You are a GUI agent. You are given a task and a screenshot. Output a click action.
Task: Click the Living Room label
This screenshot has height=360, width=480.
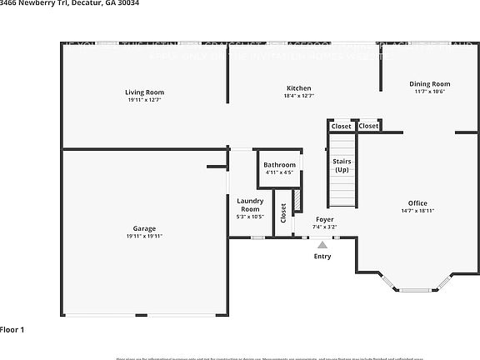point(144,92)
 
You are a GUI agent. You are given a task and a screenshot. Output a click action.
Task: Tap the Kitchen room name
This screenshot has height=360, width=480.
point(299,87)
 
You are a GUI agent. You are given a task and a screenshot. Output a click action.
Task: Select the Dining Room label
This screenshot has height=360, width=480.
point(429,83)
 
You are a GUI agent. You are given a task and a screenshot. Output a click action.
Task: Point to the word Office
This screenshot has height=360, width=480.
point(417,203)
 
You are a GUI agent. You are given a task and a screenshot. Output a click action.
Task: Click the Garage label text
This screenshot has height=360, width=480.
point(144,228)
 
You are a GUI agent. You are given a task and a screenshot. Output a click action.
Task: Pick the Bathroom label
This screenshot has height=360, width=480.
point(279,165)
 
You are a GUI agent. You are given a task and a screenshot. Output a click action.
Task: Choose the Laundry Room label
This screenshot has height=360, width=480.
point(250,205)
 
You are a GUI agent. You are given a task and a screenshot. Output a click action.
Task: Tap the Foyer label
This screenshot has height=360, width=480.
point(324,219)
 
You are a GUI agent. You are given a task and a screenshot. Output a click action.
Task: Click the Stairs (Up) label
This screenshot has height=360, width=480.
point(342,165)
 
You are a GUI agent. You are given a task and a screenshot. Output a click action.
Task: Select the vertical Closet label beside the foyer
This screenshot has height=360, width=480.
point(283,212)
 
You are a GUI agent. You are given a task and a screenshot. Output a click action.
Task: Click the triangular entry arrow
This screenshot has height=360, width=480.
point(322,245)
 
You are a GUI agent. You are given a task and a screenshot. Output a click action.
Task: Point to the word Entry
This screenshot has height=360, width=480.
point(322,256)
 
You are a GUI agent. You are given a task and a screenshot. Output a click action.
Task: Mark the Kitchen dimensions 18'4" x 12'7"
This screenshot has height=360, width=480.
point(299,96)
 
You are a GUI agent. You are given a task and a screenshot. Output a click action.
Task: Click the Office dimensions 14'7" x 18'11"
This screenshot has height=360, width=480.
point(417,212)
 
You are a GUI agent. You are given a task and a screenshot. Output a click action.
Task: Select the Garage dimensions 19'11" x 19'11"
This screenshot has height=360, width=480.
point(144,237)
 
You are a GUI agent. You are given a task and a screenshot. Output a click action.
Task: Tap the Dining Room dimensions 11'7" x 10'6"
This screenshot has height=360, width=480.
point(429,92)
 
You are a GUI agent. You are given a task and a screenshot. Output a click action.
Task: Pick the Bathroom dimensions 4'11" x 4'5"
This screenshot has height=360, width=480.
point(279,172)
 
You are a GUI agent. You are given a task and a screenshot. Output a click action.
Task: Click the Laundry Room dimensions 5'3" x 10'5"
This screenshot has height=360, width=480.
point(250,217)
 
